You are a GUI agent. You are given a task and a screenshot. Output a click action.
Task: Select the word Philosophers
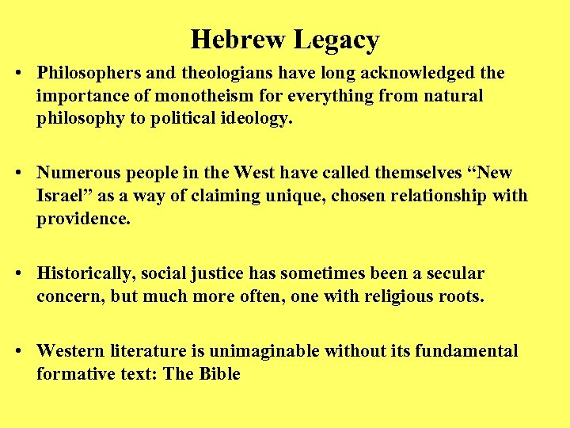coord(89,74)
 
